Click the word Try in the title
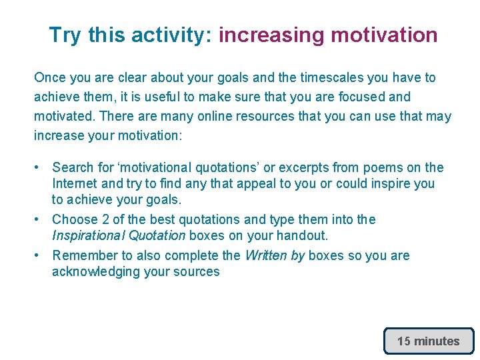64,35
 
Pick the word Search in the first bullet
73,168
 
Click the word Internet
75,183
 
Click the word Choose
74,220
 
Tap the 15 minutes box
429,341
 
